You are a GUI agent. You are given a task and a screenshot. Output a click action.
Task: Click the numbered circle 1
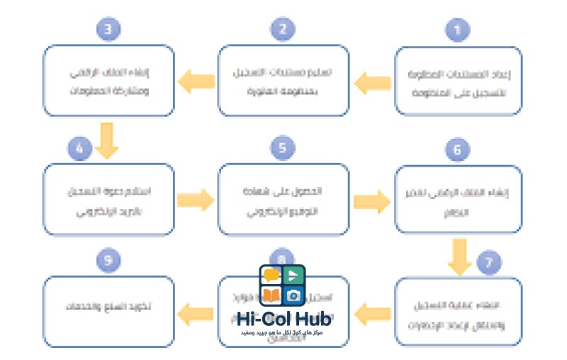pos(457,30)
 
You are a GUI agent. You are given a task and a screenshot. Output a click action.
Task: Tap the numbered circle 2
pos(283,30)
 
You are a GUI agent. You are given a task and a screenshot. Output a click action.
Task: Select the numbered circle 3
pos(108,30)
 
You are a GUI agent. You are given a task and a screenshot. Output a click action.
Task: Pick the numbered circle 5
pos(283,149)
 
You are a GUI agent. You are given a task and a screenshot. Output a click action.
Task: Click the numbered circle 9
pos(108,261)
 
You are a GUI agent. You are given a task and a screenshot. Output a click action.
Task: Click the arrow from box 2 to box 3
pos(197,84)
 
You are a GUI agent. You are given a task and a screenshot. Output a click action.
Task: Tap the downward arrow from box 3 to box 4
pos(108,139)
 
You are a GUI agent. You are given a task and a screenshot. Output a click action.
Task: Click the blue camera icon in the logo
pos(293,295)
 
